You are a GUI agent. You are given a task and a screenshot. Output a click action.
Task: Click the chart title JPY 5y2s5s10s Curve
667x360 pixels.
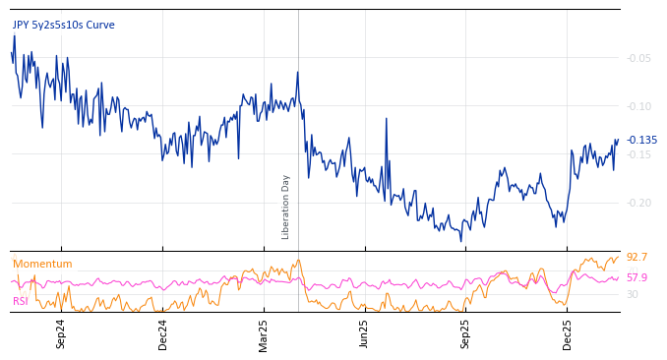coord(63,25)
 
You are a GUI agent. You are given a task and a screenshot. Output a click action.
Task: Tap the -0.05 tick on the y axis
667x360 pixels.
coord(638,58)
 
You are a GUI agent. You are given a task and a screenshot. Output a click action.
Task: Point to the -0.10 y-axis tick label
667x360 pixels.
coord(638,106)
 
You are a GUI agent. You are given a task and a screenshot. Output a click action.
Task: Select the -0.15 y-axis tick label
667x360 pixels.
coord(638,154)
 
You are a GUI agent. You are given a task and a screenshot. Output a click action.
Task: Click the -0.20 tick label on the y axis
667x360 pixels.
coord(638,203)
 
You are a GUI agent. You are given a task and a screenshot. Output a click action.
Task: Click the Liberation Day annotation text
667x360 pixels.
coord(286,207)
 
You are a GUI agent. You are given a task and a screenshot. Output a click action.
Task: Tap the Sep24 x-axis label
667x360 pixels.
coord(61,333)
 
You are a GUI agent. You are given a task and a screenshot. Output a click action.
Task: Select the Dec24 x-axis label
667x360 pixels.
coord(163,333)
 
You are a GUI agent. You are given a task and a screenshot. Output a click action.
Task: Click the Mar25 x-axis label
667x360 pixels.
coord(264,333)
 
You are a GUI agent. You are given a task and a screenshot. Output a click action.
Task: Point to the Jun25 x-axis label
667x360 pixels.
coord(364,333)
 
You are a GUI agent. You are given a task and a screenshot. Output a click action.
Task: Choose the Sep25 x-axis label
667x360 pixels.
coord(465,333)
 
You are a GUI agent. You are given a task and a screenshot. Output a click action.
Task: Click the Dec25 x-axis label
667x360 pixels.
coord(568,333)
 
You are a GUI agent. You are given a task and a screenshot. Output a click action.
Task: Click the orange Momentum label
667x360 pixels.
coord(42,264)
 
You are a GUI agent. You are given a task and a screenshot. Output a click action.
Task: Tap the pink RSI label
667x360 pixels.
coord(21,301)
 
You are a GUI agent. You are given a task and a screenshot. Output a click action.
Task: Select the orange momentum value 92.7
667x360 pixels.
coord(637,258)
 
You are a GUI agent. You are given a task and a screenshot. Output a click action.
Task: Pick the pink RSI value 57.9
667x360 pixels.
coord(637,277)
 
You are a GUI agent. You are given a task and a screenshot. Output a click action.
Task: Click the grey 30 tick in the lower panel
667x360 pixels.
coord(633,294)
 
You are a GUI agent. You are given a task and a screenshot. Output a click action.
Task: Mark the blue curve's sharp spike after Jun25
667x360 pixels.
coord(386,119)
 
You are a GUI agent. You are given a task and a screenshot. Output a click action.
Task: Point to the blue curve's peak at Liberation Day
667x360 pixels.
coord(298,72)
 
